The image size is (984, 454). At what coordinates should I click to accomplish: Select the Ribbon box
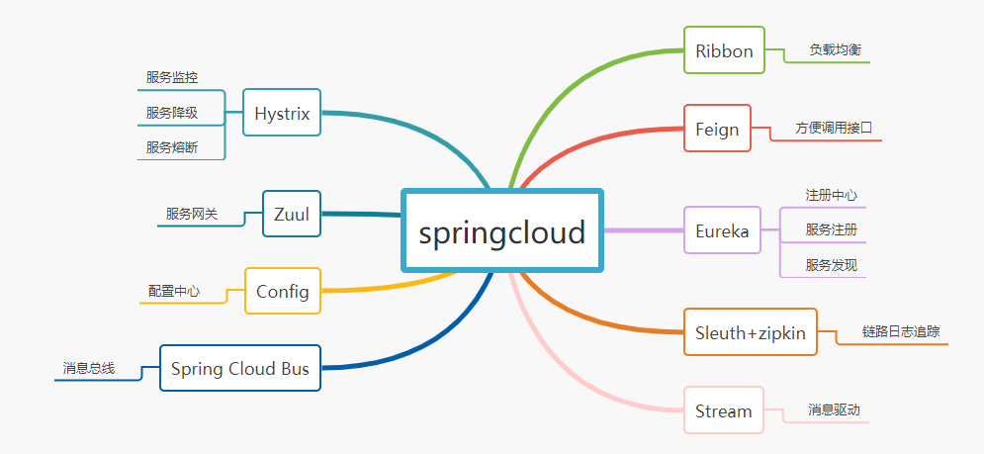click(x=724, y=49)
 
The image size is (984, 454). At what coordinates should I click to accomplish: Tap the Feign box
click(x=717, y=129)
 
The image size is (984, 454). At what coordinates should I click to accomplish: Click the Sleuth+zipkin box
click(x=751, y=332)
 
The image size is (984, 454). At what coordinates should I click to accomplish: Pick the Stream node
click(x=723, y=410)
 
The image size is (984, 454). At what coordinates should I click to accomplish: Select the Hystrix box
click(x=282, y=113)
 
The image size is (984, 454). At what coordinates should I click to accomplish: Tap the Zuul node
click(x=292, y=213)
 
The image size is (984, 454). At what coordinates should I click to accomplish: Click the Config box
click(x=283, y=291)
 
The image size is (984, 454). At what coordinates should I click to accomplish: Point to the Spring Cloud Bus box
click(x=240, y=369)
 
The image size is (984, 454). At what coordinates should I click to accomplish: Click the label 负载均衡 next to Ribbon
click(x=829, y=48)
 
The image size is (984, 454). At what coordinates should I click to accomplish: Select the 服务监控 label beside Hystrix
click(x=172, y=77)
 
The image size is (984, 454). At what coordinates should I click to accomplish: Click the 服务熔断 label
click(x=172, y=147)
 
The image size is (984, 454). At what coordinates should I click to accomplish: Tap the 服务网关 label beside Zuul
click(x=192, y=213)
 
